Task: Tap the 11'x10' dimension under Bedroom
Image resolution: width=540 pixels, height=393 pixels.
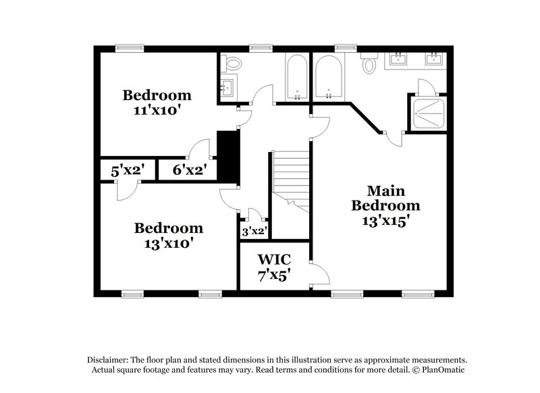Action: tap(157, 109)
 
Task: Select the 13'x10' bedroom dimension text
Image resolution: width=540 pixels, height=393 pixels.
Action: tap(168, 243)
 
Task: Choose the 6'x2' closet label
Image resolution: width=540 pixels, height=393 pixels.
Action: tap(189, 170)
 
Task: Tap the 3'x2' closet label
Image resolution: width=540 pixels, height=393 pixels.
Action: tap(254, 232)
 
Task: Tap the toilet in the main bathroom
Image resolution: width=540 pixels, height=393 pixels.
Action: tap(369, 64)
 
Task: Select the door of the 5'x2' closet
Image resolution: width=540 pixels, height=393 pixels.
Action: tap(124, 190)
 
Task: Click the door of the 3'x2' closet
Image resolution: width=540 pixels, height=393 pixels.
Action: tap(253, 216)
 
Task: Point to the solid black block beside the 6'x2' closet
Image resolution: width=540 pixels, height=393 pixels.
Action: tap(229, 155)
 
